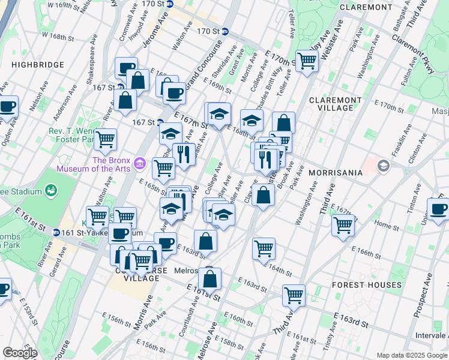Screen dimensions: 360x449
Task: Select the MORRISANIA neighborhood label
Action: click(336, 173)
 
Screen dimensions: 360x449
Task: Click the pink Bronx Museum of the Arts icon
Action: click(140, 162)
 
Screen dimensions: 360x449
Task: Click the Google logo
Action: click(20, 353)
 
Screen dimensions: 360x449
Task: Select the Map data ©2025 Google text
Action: click(411, 355)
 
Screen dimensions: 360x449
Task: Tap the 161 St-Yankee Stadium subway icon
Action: click(56, 232)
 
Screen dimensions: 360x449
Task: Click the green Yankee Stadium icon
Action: click(52, 191)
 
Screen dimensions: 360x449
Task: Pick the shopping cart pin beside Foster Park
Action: click(105, 140)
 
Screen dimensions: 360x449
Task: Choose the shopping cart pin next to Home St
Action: click(343, 226)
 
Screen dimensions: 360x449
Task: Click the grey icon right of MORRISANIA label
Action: click(382, 166)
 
